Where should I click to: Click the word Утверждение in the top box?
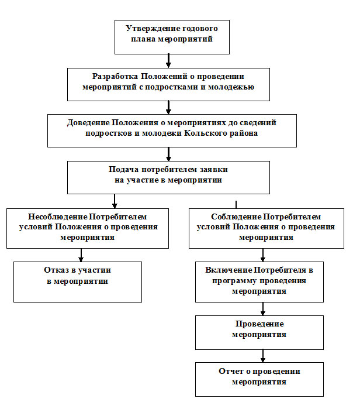click(x=150, y=29)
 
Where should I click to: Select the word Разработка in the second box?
click(x=115, y=77)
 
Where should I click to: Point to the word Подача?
click(x=123, y=170)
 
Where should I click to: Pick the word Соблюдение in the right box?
click(x=236, y=216)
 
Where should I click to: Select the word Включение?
click(x=229, y=270)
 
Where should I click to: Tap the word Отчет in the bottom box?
click(x=230, y=371)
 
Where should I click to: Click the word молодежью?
click(x=231, y=87)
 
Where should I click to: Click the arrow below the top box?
click(x=168, y=61)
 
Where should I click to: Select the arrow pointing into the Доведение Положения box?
click(x=168, y=108)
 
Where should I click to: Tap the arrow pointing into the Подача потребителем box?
click(x=168, y=154)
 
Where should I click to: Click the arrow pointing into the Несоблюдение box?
click(x=115, y=201)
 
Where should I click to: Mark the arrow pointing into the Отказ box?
click(x=81, y=255)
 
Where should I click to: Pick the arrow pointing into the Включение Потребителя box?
click(x=263, y=255)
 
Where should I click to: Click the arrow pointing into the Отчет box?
click(x=263, y=356)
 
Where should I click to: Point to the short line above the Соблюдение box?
click(x=236, y=205)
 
